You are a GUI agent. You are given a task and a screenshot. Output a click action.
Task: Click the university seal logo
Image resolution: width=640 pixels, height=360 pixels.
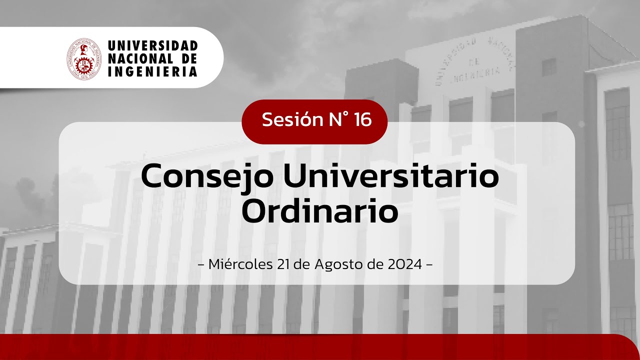pyautogui.click(x=84, y=58)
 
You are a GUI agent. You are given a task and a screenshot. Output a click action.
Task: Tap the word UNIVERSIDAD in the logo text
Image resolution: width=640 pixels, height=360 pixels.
pyautogui.click(x=152, y=46)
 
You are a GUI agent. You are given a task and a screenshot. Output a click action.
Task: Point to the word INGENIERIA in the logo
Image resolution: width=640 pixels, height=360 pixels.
pyautogui.click(x=152, y=71)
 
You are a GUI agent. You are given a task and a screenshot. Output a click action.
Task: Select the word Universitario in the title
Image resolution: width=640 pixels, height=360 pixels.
pyautogui.click(x=384, y=176)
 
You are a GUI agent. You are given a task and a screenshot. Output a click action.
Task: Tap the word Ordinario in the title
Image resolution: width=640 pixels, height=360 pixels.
pyautogui.click(x=320, y=211)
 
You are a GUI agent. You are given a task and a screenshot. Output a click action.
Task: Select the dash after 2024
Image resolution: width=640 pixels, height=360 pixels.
pyautogui.click(x=428, y=264)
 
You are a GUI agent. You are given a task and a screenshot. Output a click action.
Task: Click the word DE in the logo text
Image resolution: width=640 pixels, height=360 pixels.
pyautogui.click(x=189, y=59)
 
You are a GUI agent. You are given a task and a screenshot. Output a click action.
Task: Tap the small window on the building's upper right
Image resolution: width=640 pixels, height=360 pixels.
pyautogui.click(x=548, y=67)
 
